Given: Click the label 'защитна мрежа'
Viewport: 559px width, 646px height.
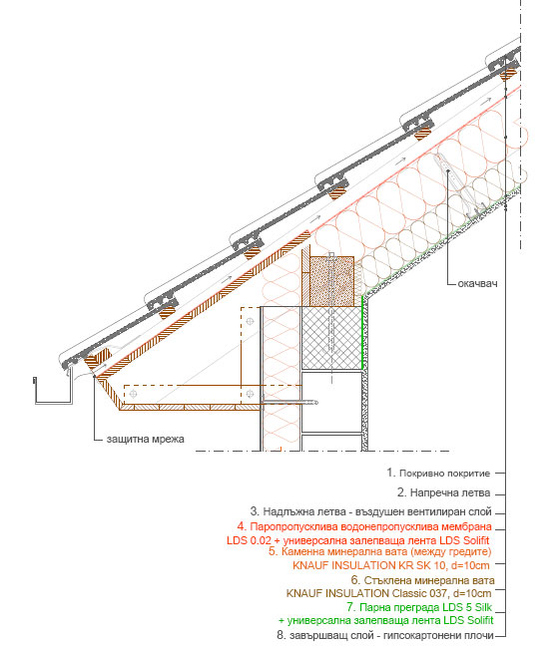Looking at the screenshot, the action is coord(145,440).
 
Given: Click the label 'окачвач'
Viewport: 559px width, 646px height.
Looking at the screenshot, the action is coord(477,283).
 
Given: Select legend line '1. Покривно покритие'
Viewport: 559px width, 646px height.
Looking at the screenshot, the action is coord(438,473).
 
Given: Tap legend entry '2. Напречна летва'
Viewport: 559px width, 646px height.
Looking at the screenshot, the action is coord(444,492).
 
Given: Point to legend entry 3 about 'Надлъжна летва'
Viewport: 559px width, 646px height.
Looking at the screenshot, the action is coord(371,511).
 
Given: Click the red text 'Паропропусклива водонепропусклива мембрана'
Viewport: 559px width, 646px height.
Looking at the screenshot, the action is coord(371,526).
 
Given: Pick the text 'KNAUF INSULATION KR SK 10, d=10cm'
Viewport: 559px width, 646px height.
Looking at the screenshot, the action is coord(391,565).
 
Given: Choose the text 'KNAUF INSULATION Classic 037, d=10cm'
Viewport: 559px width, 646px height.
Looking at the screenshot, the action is coord(388,593).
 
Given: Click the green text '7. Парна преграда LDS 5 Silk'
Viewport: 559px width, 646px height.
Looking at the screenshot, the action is coord(419,607).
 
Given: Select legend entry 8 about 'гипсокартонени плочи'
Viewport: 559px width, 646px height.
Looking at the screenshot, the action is coord(385,635).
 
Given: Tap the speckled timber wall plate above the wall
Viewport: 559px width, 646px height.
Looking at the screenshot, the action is coord(331,281).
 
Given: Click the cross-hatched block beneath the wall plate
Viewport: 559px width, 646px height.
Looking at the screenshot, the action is coord(331,338).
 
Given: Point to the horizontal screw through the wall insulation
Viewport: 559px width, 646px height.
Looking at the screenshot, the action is coord(289,402).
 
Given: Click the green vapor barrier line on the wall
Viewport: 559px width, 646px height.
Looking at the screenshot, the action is coord(362,333).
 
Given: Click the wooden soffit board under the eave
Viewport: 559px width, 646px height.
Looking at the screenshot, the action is coord(191,407).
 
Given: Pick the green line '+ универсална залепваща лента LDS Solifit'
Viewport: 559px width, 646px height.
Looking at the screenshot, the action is coord(385,620).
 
